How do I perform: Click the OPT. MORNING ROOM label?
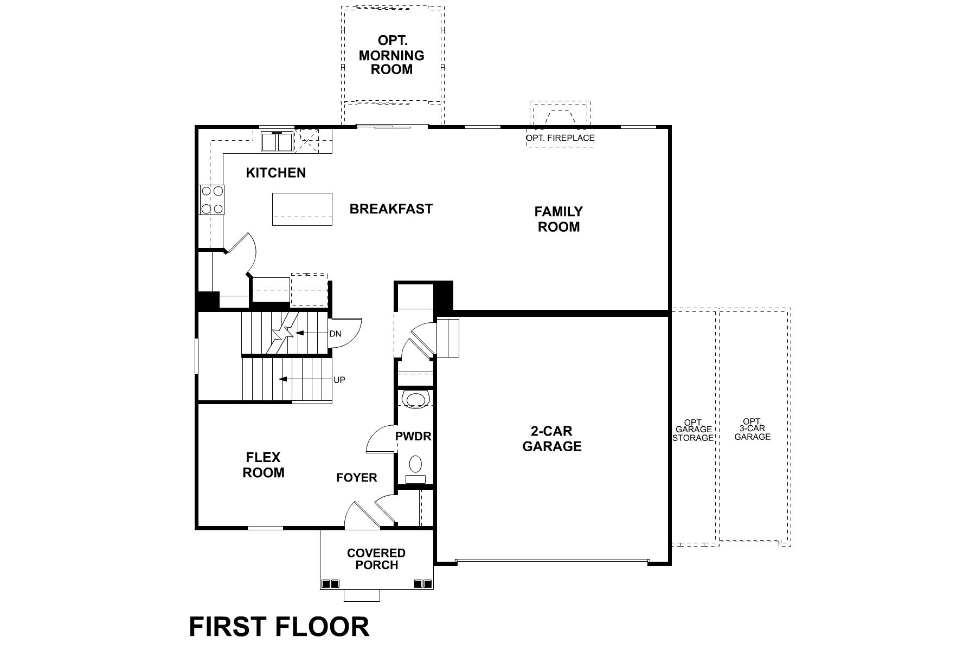point(391,55)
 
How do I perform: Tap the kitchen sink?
point(277,142)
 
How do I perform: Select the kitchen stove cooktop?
point(212,199)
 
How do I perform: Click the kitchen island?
point(302,209)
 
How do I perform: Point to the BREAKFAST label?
point(391,209)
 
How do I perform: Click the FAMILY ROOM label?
point(558,219)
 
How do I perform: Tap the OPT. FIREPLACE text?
point(560,138)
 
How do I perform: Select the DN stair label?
point(335,334)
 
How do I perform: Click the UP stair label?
point(339,380)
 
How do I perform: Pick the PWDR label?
point(413,436)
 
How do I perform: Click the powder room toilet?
point(415,464)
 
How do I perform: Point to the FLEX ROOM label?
point(264,465)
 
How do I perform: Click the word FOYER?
point(357,478)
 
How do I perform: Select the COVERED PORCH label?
point(376,559)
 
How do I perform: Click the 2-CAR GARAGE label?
point(552,439)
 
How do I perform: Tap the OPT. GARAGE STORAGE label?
point(693,430)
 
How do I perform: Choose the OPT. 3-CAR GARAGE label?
point(752,429)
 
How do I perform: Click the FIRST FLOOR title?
point(279,627)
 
